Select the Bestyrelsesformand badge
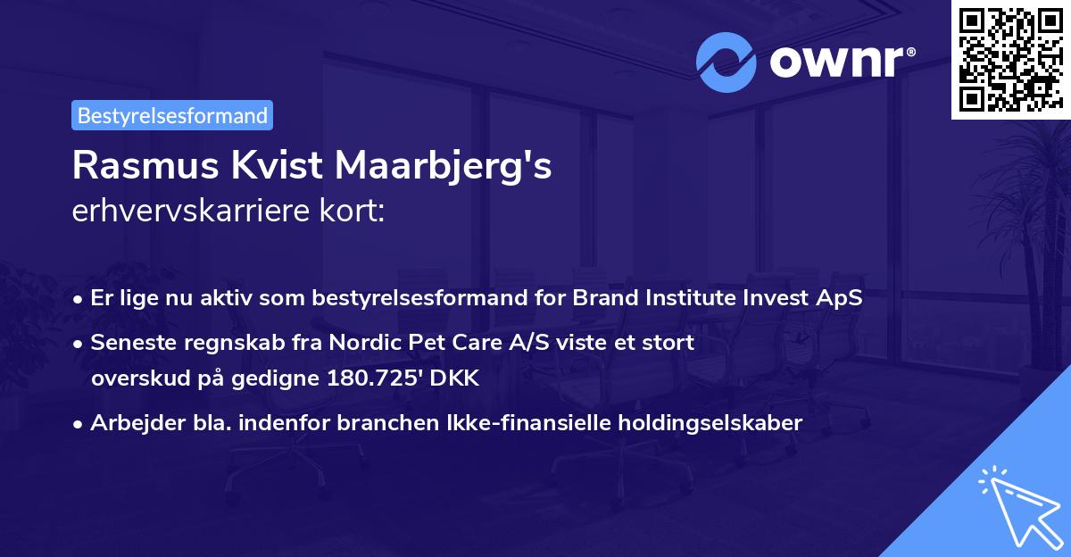pos(172,115)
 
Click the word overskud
pos(133,378)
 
